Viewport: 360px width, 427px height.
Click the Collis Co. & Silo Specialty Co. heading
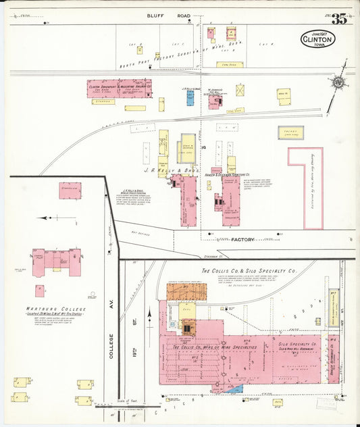coord(249,271)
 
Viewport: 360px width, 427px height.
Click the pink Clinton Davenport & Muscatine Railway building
coord(119,89)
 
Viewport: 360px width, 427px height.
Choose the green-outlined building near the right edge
coord(290,132)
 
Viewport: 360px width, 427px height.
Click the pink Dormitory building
coord(70,191)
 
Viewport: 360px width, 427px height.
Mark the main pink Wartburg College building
coord(57,260)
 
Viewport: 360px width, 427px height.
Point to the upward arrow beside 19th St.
coord(149,316)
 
